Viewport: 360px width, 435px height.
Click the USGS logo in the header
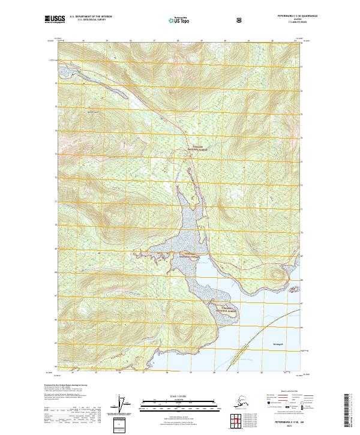(x=55, y=19)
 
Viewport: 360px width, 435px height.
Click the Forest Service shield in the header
(x=240, y=20)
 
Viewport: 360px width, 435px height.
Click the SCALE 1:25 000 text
(x=180, y=395)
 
